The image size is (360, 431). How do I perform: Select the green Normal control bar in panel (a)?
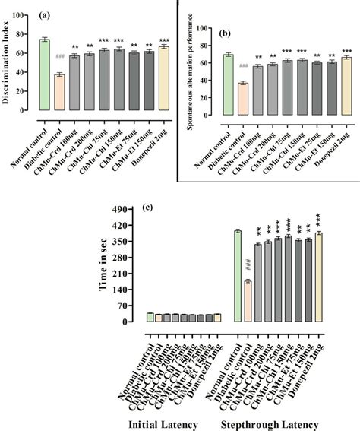(45, 75)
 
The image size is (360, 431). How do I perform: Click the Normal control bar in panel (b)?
(228, 87)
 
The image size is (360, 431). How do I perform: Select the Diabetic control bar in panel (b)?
(243, 102)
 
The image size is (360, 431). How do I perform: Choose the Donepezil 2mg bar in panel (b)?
(346, 88)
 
